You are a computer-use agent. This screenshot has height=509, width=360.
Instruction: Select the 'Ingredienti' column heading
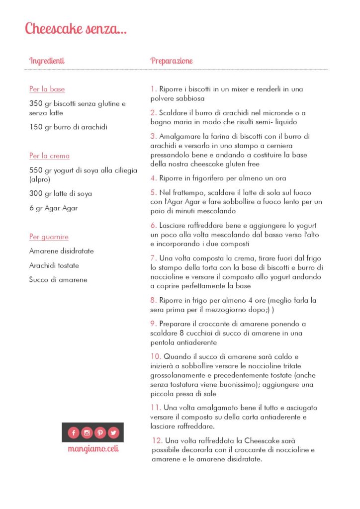47,61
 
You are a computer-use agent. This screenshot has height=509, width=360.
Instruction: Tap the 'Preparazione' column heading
172,61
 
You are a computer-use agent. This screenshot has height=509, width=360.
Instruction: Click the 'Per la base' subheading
47,89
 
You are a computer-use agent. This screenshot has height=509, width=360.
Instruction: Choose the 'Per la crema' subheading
49,156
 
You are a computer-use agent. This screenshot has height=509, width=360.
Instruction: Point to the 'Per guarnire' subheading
49,237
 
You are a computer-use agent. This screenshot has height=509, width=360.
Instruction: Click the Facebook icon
74,432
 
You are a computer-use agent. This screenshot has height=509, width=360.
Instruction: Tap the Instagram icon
87,432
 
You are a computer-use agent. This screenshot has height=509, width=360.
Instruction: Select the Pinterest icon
100,432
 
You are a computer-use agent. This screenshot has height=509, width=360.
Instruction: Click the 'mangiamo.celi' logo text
93,448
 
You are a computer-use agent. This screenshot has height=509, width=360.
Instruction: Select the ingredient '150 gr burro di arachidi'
68,127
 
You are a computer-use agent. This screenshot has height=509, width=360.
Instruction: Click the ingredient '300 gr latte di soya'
60,194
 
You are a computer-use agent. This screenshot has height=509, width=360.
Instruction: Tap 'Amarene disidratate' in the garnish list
61,251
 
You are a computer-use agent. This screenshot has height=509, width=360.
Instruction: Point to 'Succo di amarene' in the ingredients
58,279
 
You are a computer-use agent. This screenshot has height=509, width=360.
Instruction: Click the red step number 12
157,440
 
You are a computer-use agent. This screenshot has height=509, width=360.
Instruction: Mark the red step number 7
153,258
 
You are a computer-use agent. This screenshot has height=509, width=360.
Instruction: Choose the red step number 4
153,178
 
